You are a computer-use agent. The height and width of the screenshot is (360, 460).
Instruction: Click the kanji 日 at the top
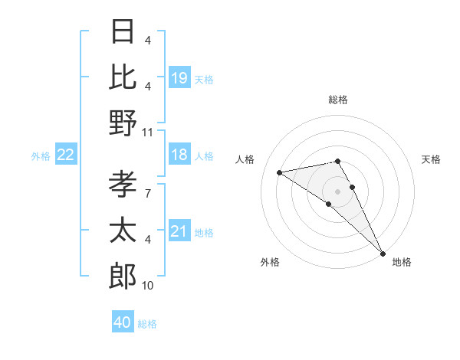(123, 31)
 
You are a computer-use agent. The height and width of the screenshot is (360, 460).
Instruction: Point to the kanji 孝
(123, 185)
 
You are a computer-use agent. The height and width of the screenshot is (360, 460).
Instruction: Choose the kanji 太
(123, 230)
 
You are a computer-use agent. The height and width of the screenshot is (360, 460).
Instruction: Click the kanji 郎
(123, 275)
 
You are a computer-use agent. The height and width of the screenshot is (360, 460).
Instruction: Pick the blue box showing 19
(179, 78)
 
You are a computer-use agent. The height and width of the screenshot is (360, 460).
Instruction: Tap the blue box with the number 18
(179, 155)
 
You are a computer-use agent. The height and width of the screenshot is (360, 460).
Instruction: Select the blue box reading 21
(179, 231)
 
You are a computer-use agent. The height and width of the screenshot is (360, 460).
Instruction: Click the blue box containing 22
(66, 155)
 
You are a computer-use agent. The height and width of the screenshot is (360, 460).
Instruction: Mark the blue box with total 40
(123, 322)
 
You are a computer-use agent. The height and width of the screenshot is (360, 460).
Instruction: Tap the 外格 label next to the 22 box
(41, 156)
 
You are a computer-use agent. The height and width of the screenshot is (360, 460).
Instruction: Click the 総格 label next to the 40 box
(147, 323)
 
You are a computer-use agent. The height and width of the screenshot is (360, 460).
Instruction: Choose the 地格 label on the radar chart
(402, 262)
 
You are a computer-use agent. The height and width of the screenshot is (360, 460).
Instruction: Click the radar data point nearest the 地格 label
(382, 253)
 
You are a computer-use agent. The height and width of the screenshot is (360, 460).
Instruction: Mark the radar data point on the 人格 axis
(280, 172)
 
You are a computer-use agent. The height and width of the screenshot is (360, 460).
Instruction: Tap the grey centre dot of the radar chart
(337, 191)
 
